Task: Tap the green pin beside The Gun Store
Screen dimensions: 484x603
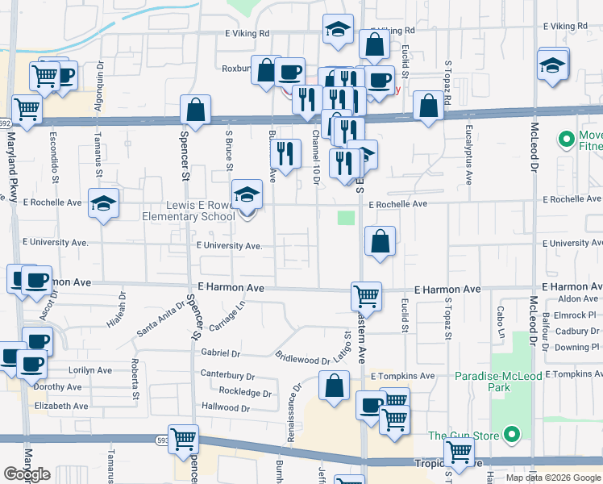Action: click(511, 436)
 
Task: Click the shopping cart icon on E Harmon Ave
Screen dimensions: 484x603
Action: click(366, 296)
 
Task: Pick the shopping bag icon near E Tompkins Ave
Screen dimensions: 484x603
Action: click(335, 386)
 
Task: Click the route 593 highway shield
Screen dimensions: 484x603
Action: click(164, 440)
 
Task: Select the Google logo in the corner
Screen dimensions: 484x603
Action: click(27, 474)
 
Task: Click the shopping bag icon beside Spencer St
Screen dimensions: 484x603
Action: click(195, 109)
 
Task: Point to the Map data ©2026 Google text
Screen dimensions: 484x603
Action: click(553, 477)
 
